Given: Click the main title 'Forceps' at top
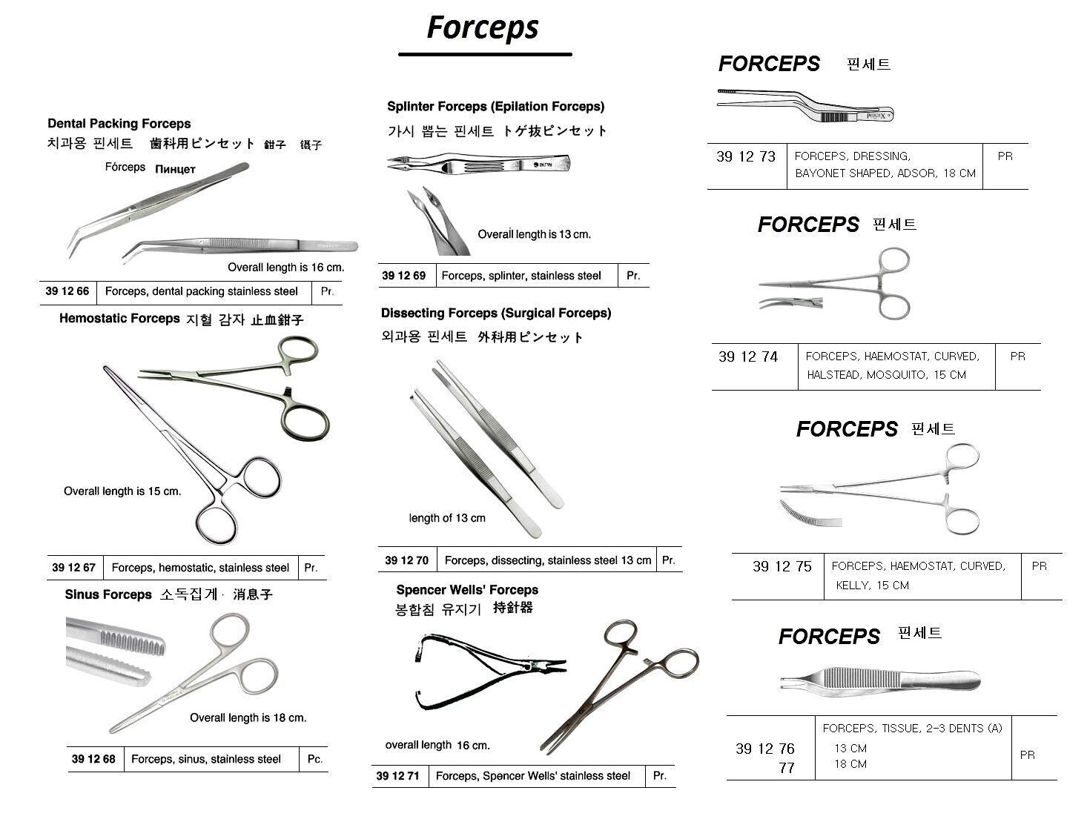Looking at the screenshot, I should coord(483,28).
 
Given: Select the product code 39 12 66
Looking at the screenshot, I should coord(67,291).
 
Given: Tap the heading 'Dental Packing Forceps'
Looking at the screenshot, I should coord(119,124).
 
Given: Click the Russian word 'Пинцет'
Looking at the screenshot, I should coord(175,169).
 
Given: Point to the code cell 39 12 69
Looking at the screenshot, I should coord(403,276).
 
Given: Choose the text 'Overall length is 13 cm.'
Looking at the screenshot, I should coord(534,234).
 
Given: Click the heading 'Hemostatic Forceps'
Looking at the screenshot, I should coord(119,319).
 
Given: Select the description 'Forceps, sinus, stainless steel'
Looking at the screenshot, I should coord(206,759).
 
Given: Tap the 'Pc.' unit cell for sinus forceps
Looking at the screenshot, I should coord(315,759).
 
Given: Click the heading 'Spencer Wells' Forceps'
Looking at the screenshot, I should coord(467,590).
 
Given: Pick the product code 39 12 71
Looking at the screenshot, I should coord(397,776).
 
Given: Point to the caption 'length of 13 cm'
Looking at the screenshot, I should coord(447,518).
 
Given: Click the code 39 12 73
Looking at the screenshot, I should coord(746,156).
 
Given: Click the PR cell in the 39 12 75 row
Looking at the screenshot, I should coord(1040,566).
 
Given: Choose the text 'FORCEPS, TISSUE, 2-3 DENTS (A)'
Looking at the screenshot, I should coord(912,729).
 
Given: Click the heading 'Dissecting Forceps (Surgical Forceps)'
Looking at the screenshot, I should coord(496,314).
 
